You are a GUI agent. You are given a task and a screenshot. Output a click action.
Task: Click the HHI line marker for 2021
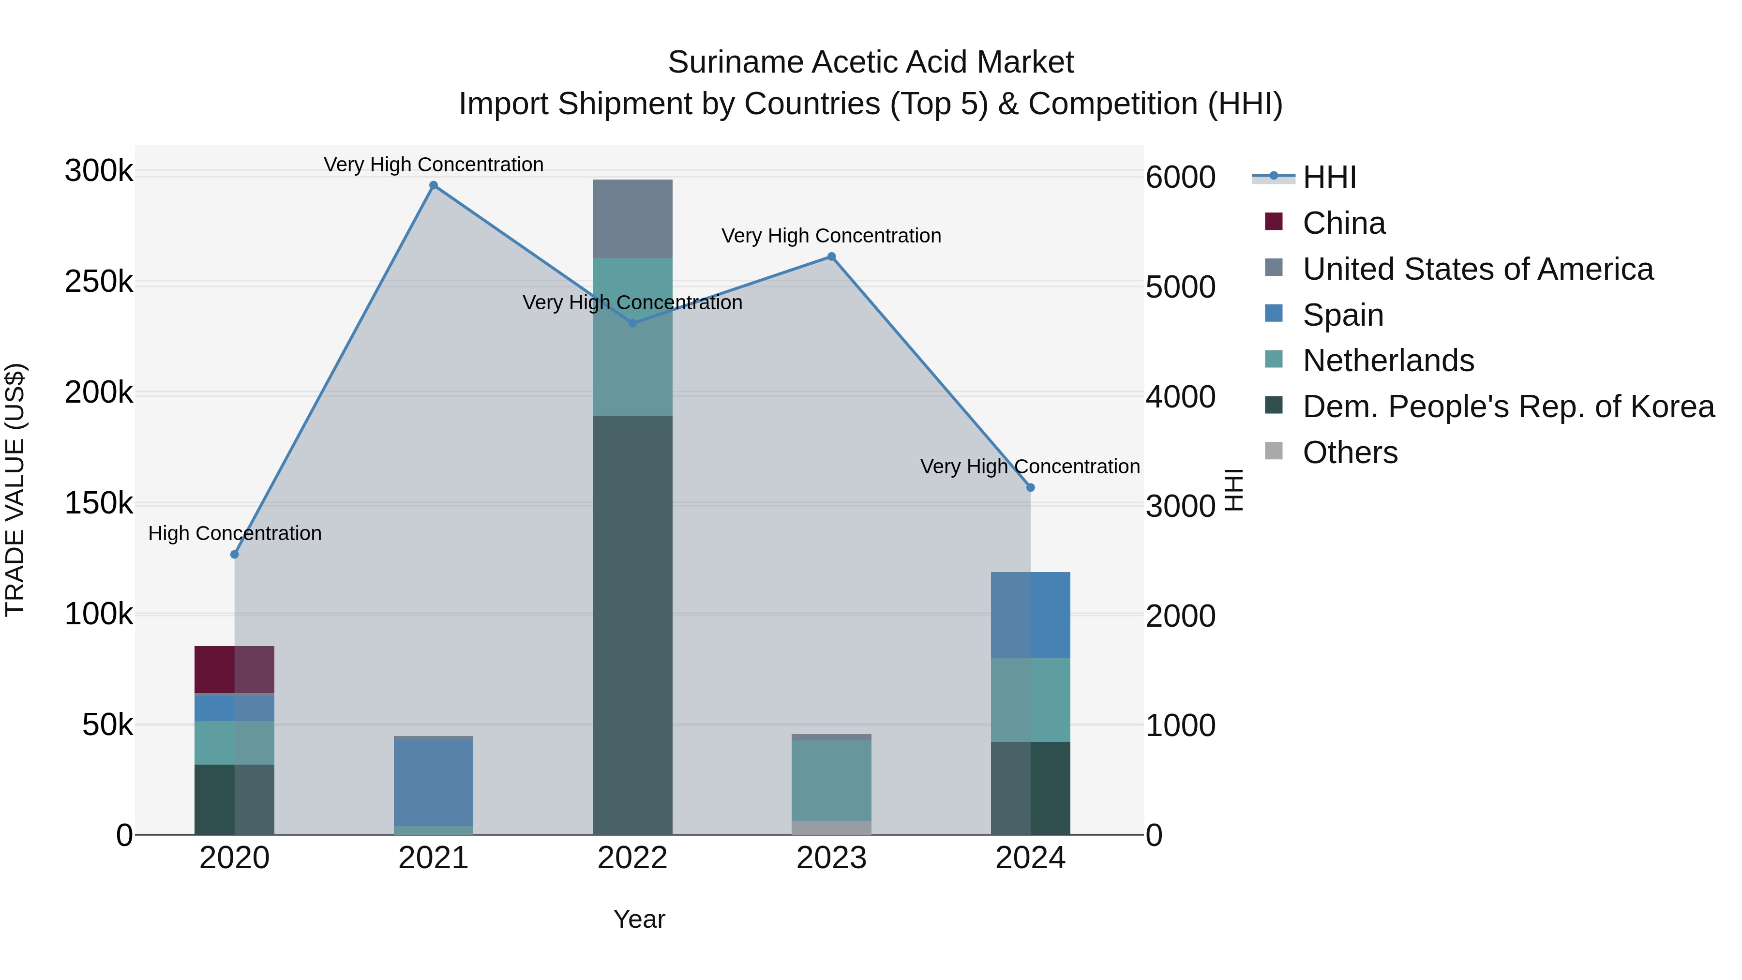(x=434, y=185)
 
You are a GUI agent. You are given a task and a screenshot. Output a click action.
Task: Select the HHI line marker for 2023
(x=831, y=256)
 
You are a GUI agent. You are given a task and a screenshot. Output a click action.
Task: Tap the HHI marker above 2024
(x=1030, y=488)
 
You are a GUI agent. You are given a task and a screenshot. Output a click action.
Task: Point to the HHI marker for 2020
(x=235, y=555)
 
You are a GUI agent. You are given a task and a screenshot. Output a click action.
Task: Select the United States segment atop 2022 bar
(x=632, y=218)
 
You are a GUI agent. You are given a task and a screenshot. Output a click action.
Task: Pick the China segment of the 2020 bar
(x=234, y=670)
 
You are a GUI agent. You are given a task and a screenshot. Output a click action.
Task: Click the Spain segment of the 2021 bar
(x=434, y=783)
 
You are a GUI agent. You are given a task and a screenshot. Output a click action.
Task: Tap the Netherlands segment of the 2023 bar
(x=831, y=781)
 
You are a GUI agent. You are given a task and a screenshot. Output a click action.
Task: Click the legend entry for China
(x=1343, y=223)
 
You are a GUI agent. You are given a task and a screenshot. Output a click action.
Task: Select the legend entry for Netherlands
(x=1388, y=361)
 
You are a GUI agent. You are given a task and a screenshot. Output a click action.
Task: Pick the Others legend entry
(x=1349, y=452)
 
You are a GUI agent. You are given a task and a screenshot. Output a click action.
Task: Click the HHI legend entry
(x=1329, y=177)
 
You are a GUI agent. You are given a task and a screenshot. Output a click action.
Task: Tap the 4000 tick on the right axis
(x=1180, y=397)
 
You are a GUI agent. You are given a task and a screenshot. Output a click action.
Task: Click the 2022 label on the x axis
(x=632, y=858)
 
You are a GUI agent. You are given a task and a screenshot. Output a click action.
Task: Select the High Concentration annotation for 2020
(x=235, y=534)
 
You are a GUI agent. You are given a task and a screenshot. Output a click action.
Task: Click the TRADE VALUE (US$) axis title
(x=15, y=490)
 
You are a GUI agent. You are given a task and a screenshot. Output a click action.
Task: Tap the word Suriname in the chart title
(x=735, y=62)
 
